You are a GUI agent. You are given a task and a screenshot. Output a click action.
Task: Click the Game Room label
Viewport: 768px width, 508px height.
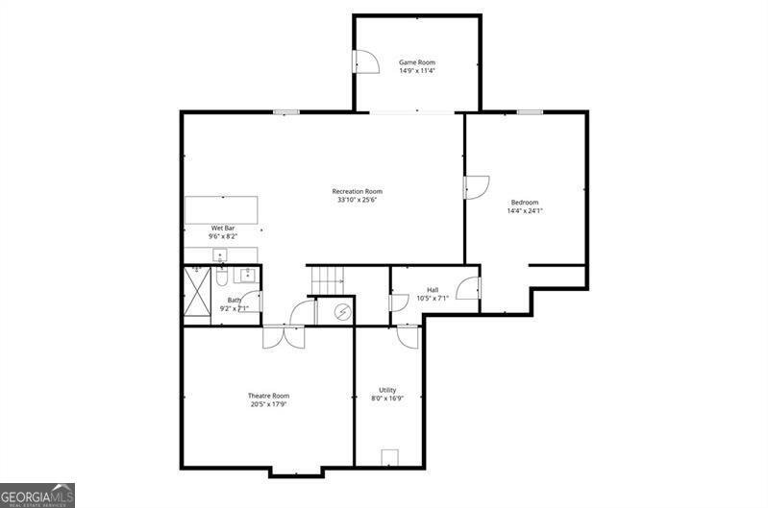pyautogui.click(x=417, y=62)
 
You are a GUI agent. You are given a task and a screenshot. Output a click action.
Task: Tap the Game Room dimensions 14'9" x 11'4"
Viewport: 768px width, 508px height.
pyautogui.click(x=417, y=71)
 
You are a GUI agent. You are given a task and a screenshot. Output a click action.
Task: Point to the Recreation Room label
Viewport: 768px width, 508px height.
pyautogui.click(x=357, y=191)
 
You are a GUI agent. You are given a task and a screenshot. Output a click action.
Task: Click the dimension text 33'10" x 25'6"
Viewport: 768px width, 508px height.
pyautogui.click(x=357, y=200)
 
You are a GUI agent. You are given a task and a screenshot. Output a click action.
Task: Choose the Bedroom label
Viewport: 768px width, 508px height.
pyautogui.click(x=525, y=202)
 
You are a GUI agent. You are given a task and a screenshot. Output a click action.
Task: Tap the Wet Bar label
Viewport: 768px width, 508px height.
pyautogui.click(x=196, y=228)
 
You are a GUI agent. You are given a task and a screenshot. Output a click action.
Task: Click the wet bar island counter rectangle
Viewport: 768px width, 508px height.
pyautogui.click(x=221, y=209)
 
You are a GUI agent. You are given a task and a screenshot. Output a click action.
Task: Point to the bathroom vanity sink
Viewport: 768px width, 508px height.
pyautogui.click(x=247, y=274)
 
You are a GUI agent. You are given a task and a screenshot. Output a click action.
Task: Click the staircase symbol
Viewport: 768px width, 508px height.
pyautogui.click(x=327, y=280)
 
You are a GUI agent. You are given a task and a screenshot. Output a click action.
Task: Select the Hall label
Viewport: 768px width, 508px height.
pyautogui.click(x=433, y=289)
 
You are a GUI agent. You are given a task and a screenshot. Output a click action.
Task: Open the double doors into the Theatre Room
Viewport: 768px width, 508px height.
pyautogui.click(x=284, y=337)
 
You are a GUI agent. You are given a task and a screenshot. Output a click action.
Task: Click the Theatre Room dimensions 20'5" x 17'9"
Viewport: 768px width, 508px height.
pyautogui.click(x=268, y=404)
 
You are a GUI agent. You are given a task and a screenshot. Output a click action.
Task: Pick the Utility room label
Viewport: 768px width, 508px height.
pyautogui.click(x=386, y=389)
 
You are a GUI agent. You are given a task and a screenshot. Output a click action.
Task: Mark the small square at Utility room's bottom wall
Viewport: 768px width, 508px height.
pyautogui.click(x=390, y=457)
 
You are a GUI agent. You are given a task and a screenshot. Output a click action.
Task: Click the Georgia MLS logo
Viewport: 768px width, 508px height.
pyautogui.click(x=37, y=494)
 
